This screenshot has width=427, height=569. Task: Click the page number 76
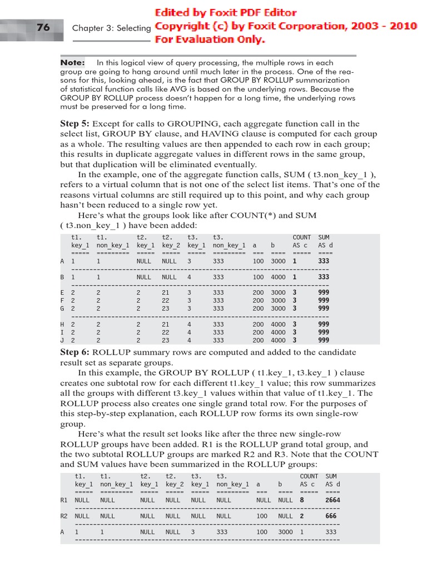[43, 27]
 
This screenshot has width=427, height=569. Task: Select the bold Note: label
[72, 63]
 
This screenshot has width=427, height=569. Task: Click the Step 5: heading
[75, 124]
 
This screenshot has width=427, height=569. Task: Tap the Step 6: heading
[75, 352]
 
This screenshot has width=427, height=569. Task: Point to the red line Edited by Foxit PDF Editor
[226, 13]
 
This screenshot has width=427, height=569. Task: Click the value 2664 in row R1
[332, 500]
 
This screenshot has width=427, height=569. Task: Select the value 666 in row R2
[331, 516]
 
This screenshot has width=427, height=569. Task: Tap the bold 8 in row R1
[302, 500]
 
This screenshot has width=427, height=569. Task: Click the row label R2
[64, 516]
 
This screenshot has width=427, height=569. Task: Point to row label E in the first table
[62, 292]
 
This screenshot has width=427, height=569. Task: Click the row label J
[62, 340]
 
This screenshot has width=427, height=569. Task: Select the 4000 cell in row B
[278, 277]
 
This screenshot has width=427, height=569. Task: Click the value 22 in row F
[166, 300]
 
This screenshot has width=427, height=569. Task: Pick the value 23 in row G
[166, 308]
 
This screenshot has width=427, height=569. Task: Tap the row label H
[62, 325]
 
